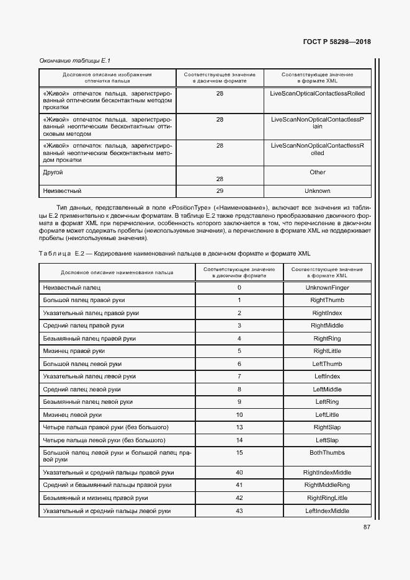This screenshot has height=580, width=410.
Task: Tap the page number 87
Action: pyautogui.click(x=367, y=527)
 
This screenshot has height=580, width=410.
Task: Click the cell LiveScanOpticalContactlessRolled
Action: pyautogui.click(x=317, y=93)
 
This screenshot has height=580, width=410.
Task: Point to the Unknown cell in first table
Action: pyautogui.click(x=317, y=191)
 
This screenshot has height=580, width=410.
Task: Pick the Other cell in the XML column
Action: pyautogui.click(x=317, y=172)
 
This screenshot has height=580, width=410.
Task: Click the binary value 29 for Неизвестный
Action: pyautogui.click(x=220, y=191)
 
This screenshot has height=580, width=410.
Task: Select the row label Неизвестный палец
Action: pyautogui.click(x=72, y=288)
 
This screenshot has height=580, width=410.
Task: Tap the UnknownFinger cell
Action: pyautogui.click(x=327, y=288)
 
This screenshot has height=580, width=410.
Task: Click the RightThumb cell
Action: pyautogui.click(x=327, y=300)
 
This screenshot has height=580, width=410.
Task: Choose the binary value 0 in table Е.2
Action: pyautogui.click(x=239, y=288)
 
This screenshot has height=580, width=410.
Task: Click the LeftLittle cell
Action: pyautogui.click(x=327, y=414)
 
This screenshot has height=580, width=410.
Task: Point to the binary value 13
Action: pyautogui.click(x=239, y=427)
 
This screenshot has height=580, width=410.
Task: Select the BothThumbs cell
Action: pyautogui.click(x=327, y=453)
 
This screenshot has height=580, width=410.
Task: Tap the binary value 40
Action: pyautogui.click(x=239, y=473)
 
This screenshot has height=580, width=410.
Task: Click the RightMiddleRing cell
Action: pyautogui.click(x=327, y=485)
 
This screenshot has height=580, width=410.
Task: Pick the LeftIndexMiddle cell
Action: pyautogui.click(x=327, y=511)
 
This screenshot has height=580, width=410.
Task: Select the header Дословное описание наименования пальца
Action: pyautogui.click(x=117, y=272)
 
